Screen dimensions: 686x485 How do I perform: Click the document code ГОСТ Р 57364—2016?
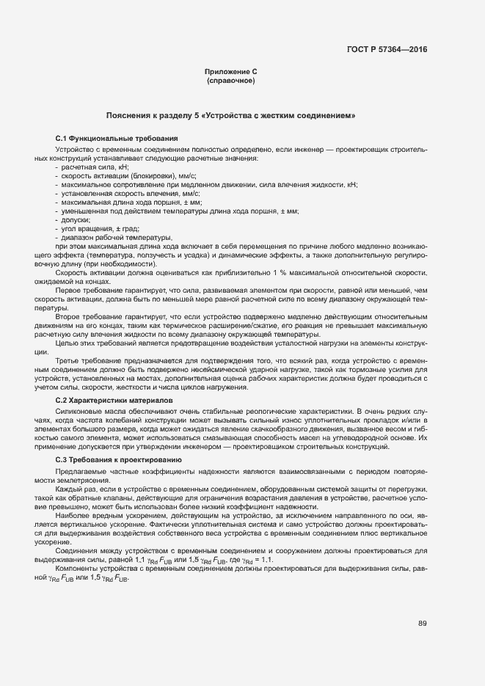point(387,50)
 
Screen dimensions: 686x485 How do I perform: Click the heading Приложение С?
point(230,71)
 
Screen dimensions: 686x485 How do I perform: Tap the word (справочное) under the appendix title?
point(230,80)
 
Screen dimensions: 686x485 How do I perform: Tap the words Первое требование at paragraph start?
point(90,290)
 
